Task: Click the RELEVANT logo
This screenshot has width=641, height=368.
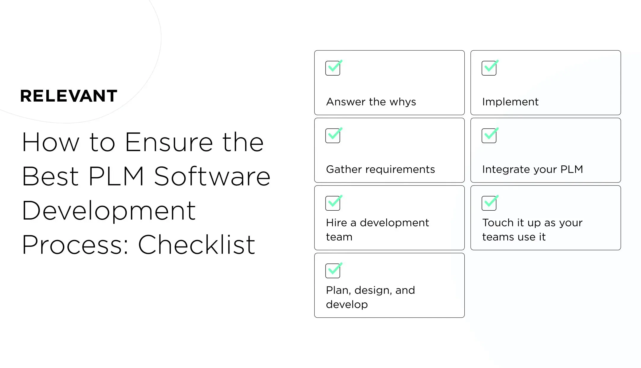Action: pyautogui.click(x=69, y=96)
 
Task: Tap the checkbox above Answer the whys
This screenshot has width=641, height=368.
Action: pyautogui.click(x=333, y=68)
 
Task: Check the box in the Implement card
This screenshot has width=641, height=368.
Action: pyautogui.click(x=489, y=68)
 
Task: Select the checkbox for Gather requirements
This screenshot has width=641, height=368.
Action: pyautogui.click(x=333, y=136)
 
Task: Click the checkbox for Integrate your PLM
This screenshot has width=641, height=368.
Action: pyautogui.click(x=489, y=136)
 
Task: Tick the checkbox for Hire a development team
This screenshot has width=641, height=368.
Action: pyautogui.click(x=333, y=203)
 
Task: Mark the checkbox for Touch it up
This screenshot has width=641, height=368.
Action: pyautogui.click(x=489, y=203)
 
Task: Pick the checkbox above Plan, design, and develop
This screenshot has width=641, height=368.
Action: pyautogui.click(x=333, y=271)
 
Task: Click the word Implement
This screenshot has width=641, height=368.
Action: pyautogui.click(x=510, y=102)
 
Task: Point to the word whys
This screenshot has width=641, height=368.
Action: pyautogui.click(x=403, y=102)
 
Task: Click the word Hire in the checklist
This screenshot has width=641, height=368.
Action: pyautogui.click(x=337, y=223)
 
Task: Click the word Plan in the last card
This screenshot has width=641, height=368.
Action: pyautogui.click(x=338, y=290)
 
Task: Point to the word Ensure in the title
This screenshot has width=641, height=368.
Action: pyautogui.click(x=169, y=143)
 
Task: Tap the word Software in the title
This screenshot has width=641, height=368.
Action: pyautogui.click(x=212, y=177)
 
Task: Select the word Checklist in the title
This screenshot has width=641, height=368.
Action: pyautogui.click(x=196, y=245)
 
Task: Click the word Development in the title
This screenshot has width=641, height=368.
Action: pyautogui.click(x=109, y=211)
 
